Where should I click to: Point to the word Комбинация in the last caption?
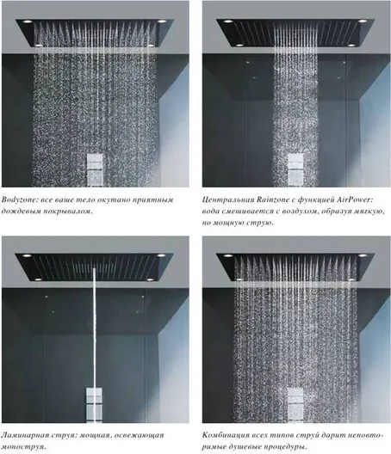pos(223,435)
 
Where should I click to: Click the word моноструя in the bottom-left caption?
pos(22,446)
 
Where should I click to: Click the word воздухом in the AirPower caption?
pos(301,212)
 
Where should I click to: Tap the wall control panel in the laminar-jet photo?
pos(94,404)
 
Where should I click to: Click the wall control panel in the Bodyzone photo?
pos(95,170)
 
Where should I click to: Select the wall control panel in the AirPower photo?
pos(295,170)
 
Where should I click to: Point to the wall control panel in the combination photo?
pos(295,404)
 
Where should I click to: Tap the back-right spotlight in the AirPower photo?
pos(362,21)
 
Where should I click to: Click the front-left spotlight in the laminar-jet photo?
pos(38,279)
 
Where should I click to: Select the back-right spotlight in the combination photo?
pos(363,255)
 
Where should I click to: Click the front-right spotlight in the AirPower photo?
pos(351,46)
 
